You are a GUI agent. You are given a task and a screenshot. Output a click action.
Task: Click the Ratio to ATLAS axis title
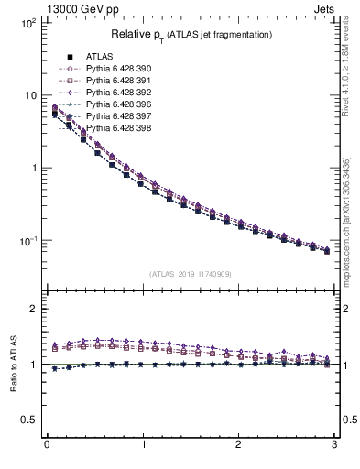(x=14, y=364)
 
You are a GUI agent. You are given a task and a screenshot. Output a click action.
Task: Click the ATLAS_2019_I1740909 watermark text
(x=191, y=273)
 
